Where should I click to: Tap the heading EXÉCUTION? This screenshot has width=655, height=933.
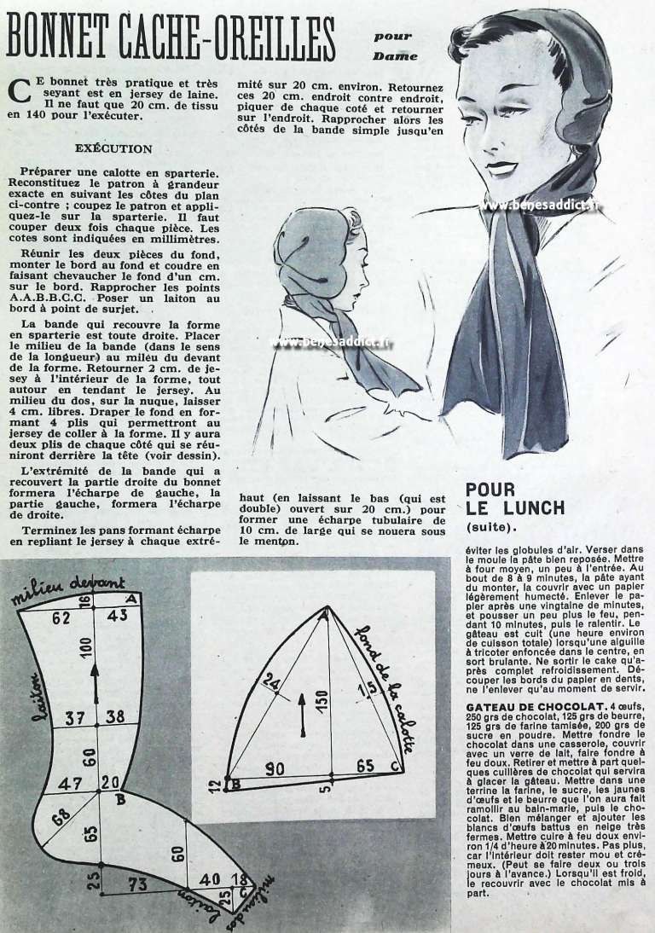pyautogui.click(x=113, y=148)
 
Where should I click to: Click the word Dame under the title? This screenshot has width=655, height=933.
pyautogui.click(x=395, y=56)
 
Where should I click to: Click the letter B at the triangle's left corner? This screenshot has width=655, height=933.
pyautogui.click(x=236, y=786)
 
